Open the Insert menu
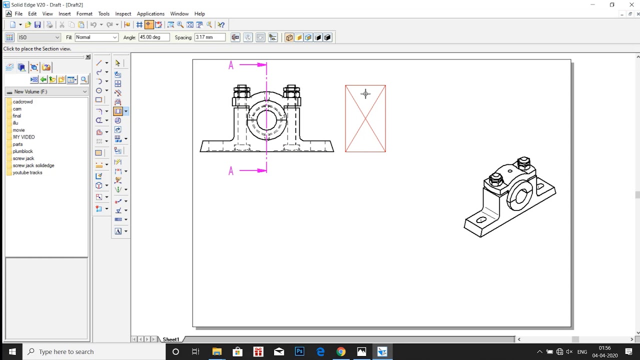[x=64, y=14]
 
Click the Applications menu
[x=150, y=14]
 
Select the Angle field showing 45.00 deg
[x=153, y=37]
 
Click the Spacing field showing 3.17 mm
[x=209, y=37]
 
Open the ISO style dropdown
[x=38, y=37]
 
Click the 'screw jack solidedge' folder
[x=33, y=165]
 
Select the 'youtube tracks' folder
[x=27, y=172]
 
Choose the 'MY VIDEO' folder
[x=23, y=137]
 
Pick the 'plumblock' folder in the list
[x=22, y=151]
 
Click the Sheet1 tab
[x=170, y=339]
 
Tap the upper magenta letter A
[x=231, y=65]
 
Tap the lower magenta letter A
[x=231, y=171]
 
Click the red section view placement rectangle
[x=365, y=118]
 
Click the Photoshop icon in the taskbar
[x=299, y=351]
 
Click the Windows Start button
[x=12, y=351]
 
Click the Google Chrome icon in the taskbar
[x=340, y=351]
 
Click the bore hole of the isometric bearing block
[x=520, y=196]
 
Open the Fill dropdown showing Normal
[x=96, y=37]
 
